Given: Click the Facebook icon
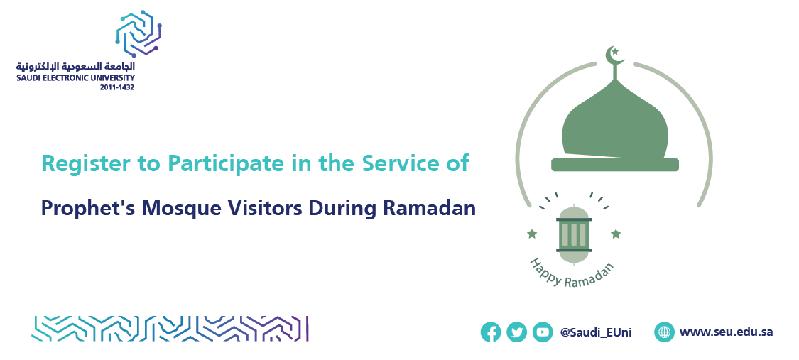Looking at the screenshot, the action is (x=491, y=332).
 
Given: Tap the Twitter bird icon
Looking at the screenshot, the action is (x=517, y=332).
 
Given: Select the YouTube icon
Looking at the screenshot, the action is (x=543, y=332).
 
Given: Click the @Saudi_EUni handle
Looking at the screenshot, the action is (x=596, y=332).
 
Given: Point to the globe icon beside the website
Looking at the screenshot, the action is (x=665, y=332).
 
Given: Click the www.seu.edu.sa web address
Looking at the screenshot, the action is (x=726, y=332).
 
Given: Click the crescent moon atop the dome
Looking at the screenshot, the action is (x=614, y=55).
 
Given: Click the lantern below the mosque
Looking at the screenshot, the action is (x=574, y=234).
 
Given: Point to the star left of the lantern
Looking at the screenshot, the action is (x=532, y=234).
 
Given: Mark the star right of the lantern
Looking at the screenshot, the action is (x=616, y=234).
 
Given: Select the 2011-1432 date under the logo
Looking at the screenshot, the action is (x=117, y=87).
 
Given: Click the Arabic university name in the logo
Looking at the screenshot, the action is (x=75, y=66).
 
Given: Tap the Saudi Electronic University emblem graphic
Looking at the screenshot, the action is (x=138, y=33).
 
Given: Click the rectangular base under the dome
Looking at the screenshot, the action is (x=615, y=165).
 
